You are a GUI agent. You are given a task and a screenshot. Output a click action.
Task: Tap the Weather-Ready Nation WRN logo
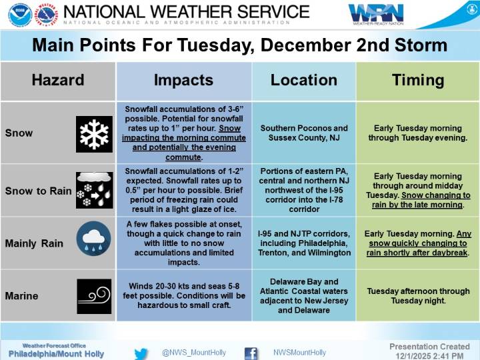click(x=375, y=14)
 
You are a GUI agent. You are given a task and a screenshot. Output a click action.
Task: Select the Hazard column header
click(x=58, y=81)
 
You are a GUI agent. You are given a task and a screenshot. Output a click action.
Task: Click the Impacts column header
click(x=183, y=81)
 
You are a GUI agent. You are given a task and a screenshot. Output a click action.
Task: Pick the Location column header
click(x=303, y=81)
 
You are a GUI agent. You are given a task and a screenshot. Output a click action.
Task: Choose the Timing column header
click(x=418, y=81)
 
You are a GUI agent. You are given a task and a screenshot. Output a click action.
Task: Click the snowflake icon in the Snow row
click(x=95, y=133)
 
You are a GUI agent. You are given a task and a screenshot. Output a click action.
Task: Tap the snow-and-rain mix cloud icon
click(x=95, y=190)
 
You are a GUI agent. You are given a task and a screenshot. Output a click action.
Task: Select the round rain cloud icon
click(x=94, y=243)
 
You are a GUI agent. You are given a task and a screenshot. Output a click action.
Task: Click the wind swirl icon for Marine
click(x=94, y=295)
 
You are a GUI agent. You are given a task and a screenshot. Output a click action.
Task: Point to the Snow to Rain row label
click(x=38, y=191)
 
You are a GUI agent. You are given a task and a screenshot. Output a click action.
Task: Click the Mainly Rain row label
click(x=34, y=243)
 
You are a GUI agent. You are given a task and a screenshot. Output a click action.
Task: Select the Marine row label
click(x=22, y=295)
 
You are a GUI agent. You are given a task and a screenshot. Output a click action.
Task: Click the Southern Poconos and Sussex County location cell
click(x=304, y=133)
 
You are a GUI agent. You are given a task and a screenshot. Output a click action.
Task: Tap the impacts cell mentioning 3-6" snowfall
click(x=183, y=133)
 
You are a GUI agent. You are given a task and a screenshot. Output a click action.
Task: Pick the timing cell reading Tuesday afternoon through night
click(x=418, y=295)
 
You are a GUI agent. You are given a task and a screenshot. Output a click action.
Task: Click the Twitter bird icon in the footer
click(x=141, y=353)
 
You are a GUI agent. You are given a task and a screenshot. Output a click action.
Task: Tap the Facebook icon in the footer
click(x=251, y=353)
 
